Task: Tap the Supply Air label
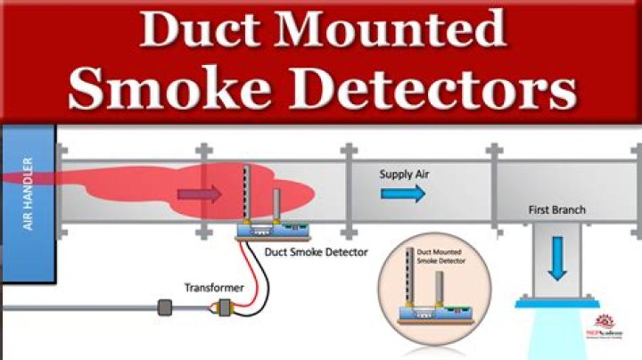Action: [405, 174]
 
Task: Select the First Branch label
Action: [556, 210]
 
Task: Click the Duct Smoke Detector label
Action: [317, 252]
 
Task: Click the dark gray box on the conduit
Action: [165, 308]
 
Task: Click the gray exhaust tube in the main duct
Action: [276, 204]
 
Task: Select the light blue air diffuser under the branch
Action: [556, 330]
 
